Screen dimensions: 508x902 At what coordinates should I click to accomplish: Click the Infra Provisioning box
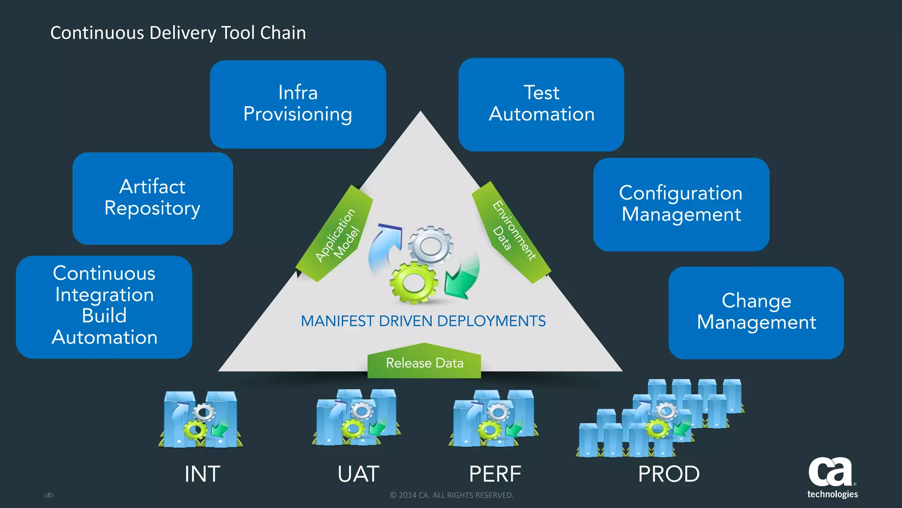tap(298, 104)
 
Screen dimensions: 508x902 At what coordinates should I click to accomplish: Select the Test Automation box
tap(541, 104)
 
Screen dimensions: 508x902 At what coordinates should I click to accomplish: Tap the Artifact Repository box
tap(152, 198)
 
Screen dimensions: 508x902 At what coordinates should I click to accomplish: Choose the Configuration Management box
tap(681, 204)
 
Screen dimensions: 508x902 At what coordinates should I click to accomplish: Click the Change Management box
tap(756, 312)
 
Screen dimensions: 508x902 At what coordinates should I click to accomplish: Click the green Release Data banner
tap(424, 362)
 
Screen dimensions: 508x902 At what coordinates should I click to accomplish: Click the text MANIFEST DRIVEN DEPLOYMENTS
tap(423, 321)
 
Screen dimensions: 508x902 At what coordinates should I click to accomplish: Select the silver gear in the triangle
tap(430, 246)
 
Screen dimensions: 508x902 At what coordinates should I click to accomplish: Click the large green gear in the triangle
tap(413, 282)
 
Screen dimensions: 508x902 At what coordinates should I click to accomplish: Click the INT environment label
tap(202, 474)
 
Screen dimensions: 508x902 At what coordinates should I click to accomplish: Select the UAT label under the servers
tap(358, 474)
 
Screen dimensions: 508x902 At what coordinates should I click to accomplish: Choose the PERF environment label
tap(495, 474)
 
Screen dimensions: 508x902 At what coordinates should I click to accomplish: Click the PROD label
tap(669, 474)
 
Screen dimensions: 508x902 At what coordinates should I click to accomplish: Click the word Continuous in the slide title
tap(97, 33)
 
